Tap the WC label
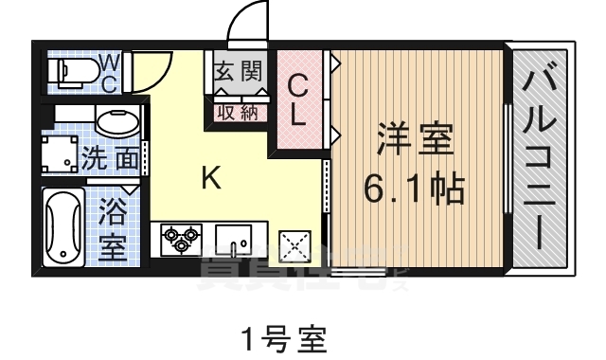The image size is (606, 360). (110, 72)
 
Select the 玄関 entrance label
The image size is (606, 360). (238, 72)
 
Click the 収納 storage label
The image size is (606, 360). (238, 112)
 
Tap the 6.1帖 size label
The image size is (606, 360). (415, 189)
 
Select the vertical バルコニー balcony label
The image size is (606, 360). (543, 156)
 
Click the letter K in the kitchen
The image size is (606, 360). (210, 177)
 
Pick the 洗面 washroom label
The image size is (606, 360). (109, 157)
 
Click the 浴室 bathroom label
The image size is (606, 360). (113, 229)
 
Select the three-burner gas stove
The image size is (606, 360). (179, 239)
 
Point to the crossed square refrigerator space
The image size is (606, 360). (296, 247)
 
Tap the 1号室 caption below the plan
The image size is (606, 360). (283, 336)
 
